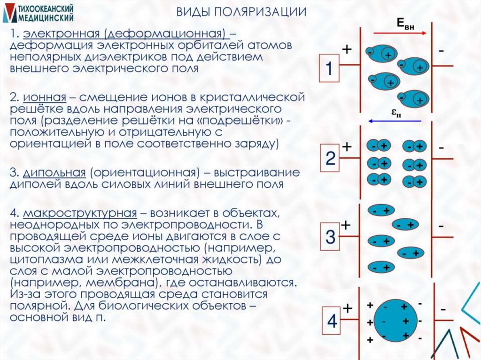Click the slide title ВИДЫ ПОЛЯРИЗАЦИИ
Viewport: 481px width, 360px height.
click(241, 12)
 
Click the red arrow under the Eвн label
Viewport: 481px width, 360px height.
click(400, 33)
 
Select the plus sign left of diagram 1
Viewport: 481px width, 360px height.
click(347, 50)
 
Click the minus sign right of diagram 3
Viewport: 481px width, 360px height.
click(442, 226)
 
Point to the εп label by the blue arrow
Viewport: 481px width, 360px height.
click(396, 113)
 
